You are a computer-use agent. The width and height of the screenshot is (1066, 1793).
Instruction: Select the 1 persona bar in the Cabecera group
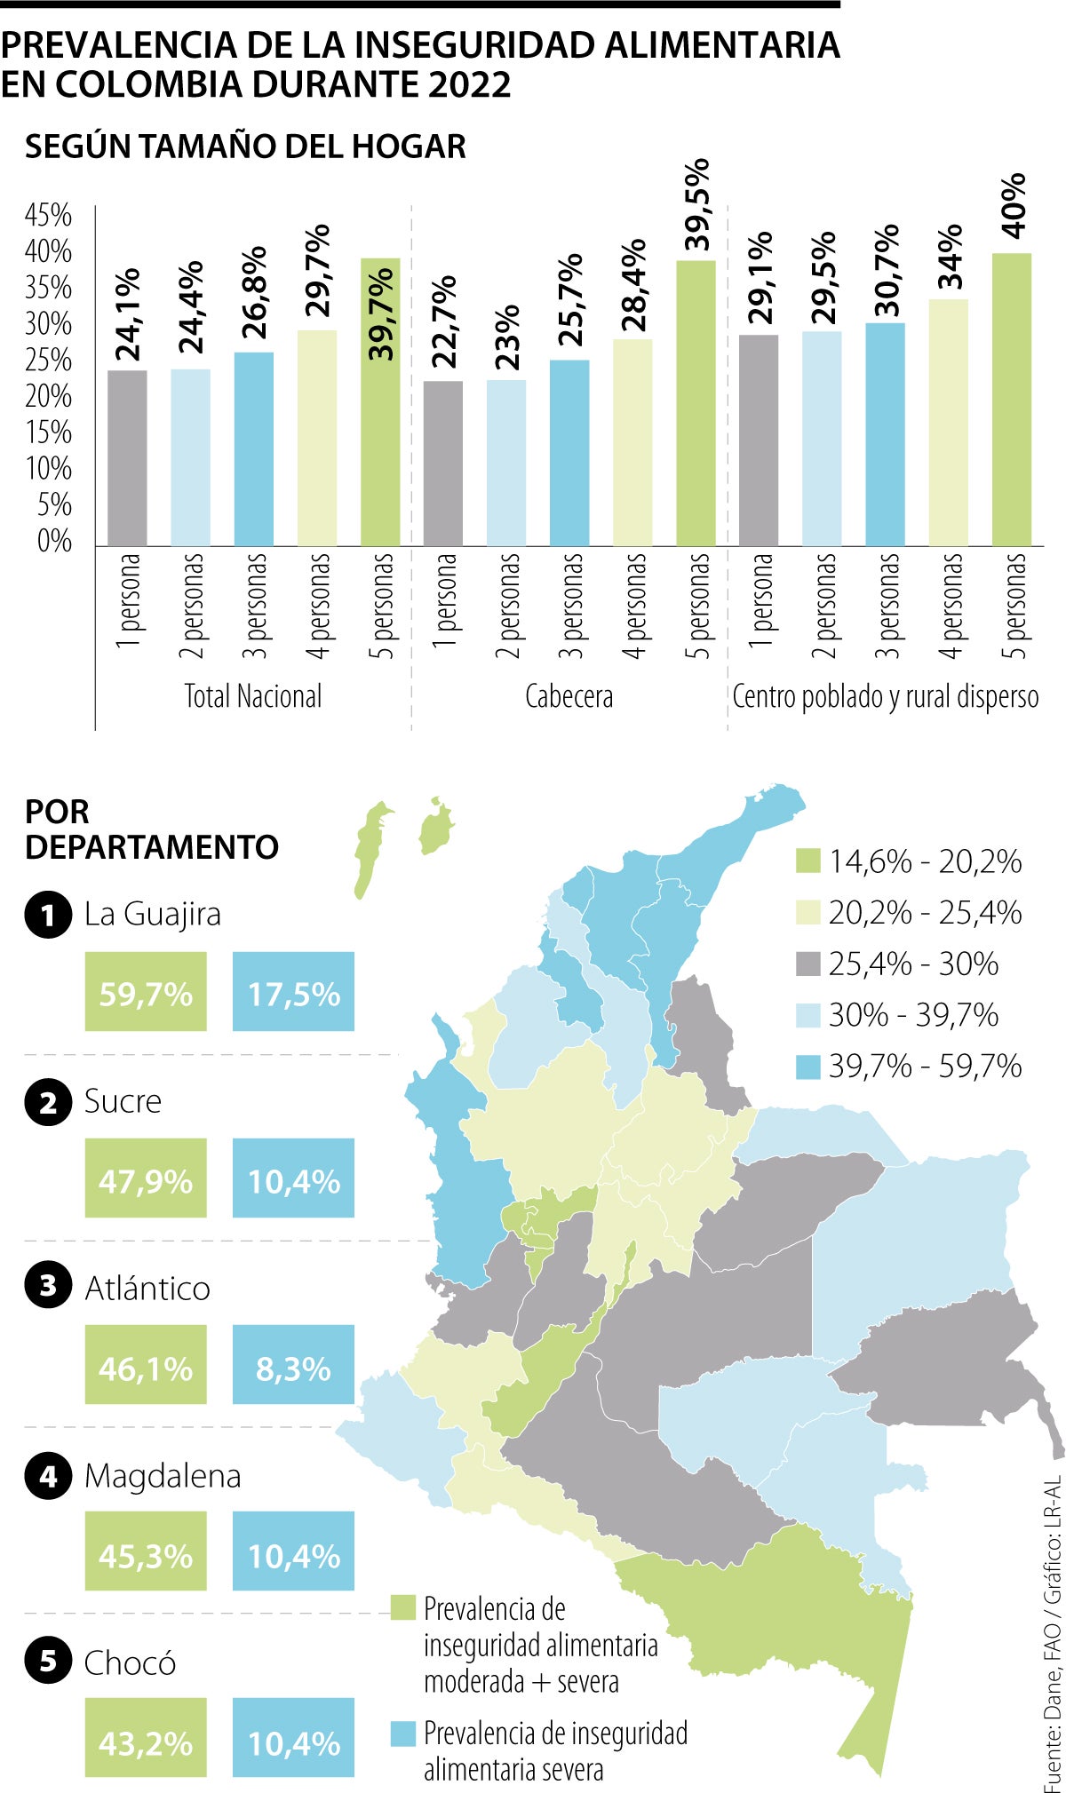coord(443,463)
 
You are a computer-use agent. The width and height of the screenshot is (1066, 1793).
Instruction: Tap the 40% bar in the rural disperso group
coord(1011,399)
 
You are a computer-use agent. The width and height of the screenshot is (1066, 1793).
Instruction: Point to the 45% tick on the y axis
coord(48,215)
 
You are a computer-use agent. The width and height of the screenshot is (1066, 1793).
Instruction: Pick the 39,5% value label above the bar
coord(697,205)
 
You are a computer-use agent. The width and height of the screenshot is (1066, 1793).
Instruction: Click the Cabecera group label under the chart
coord(569,696)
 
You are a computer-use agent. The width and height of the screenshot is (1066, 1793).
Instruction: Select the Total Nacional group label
coord(253,696)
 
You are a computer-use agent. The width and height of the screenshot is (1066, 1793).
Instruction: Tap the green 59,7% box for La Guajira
coord(146,992)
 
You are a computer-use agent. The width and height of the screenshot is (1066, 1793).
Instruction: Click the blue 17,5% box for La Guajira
coord(293,992)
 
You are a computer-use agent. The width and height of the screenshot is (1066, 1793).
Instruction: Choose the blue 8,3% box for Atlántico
coord(293,1365)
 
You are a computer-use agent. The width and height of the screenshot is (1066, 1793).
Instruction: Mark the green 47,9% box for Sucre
coord(146,1178)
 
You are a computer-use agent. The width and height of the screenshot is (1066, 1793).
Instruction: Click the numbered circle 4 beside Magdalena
coord(48,1476)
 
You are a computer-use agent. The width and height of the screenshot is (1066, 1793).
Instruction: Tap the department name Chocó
coord(130,1663)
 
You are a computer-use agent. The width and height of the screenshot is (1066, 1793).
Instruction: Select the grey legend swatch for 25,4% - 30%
coord(807,964)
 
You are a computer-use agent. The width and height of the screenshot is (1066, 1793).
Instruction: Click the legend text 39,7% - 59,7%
coord(925,1066)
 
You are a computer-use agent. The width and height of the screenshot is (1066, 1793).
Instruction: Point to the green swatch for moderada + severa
coord(403,1607)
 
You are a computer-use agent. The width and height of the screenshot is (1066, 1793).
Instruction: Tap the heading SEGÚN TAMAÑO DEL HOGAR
coord(245,147)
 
